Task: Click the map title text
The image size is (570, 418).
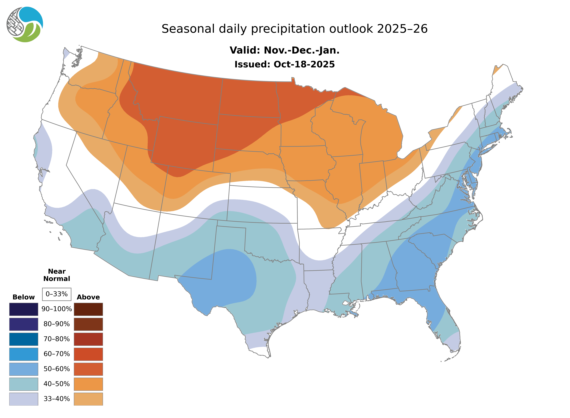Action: (x=294, y=29)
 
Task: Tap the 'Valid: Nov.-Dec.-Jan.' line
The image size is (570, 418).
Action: (x=284, y=50)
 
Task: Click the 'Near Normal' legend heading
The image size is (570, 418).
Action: (x=57, y=275)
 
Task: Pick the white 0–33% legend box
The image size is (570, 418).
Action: (x=57, y=294)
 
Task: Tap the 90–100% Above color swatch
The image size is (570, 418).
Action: (x=88, y=309)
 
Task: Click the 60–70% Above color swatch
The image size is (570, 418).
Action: (x=88, y=354)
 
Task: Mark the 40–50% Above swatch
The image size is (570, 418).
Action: (x=88, y=384)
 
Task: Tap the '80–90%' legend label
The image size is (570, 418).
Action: (x=57, y=324)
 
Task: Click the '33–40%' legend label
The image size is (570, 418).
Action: (x=57, y=399)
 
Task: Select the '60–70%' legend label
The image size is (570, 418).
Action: (x=57, y=354)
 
